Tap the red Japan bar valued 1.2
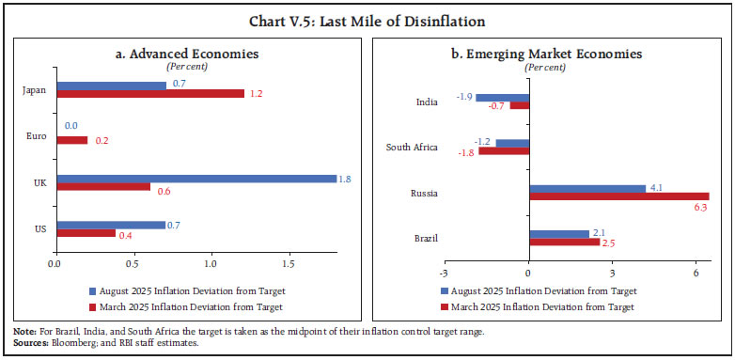tap(150, 94)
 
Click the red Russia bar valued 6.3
tap(618, 196)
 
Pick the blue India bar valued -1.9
tap(502, 97)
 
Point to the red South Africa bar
tap(504, 150)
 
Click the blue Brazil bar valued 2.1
tap(559, 233)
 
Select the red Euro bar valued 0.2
tap(71, 140)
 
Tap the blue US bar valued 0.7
tap(111, 225)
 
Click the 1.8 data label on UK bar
tap(347, 178)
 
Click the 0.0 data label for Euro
tap(70, 124)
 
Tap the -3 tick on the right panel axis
tap(442, 273)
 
